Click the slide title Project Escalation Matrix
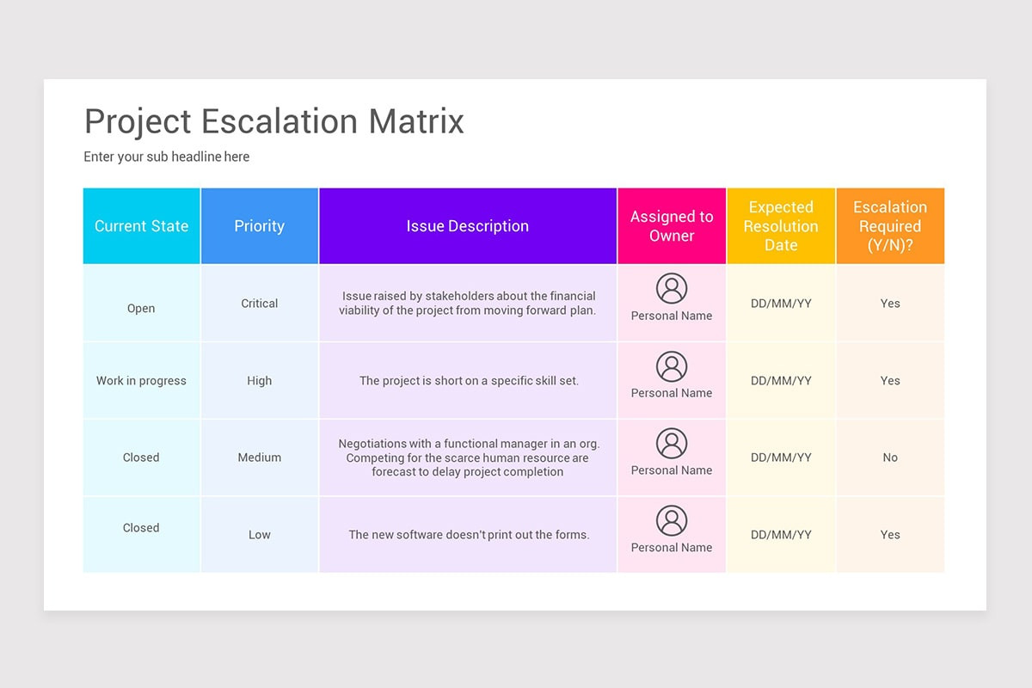273,121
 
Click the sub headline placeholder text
166,157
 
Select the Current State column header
141,226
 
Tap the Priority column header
259,226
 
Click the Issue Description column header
467,226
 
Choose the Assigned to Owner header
672,226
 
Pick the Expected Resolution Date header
781,226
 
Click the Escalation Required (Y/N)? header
890,226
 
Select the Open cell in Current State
141,308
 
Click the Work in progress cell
141,380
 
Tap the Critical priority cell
259,304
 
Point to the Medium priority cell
259,458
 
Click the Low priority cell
259,535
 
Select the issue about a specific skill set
469,380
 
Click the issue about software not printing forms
469,535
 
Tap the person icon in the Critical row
672,289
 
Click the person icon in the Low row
672,520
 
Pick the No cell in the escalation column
890,458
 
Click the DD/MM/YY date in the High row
781,380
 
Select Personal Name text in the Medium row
672,470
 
